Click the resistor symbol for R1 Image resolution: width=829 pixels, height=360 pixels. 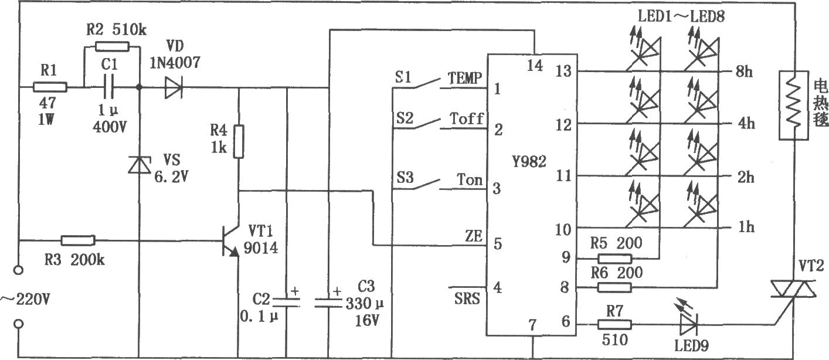click(x=50, y=87)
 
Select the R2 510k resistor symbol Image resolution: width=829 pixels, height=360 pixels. click(x=112, y=47)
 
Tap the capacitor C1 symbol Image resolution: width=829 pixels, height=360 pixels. click(x=109, y=88)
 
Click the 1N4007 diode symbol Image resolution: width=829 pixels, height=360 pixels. click(x=173, y=88)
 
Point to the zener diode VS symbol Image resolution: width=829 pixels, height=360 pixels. click(x=139, y=165)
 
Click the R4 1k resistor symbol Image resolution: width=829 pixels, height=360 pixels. click(x=239, y=142)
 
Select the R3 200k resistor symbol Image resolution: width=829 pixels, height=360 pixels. click(x=78, y=240)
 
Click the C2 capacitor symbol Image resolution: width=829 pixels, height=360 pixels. click(x=286, y=302)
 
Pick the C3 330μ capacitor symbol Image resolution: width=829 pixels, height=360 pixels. click(x=328, y=303)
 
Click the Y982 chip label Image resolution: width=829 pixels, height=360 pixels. click(x=529, y=162)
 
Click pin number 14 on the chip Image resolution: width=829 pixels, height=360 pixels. click(x=535, y=66)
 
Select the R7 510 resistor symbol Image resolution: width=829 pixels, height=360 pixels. click(x=615, y=325)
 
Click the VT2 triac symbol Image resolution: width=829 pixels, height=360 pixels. click(x=793, y=289)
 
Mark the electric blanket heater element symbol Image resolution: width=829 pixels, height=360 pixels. click(x=793, y=106)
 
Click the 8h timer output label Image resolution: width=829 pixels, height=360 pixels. click(x=744, y=72)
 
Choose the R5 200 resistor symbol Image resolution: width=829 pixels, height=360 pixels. click(x=615, y=258)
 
